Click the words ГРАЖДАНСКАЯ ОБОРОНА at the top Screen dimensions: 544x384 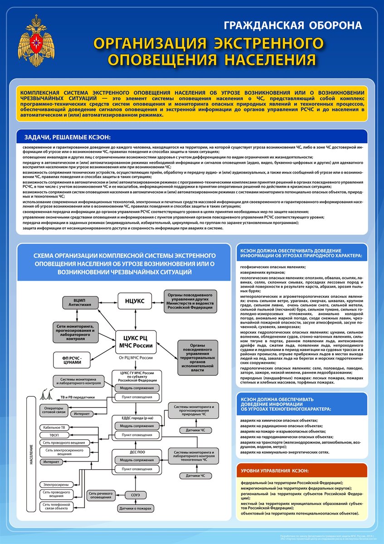pyautogui.click(x=293, y=25)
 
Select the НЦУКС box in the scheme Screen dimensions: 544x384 pyautogui.click(x=135, y=301)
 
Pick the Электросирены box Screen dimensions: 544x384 pyautogui.click(x=56, y=483)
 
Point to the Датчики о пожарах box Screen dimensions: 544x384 pyautogui.click(x=135, y=509)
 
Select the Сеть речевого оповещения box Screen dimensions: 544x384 pyautogui.click(x=101, y=495)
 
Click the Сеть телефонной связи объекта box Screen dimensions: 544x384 pyautogui.click(x=56, y=506)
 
